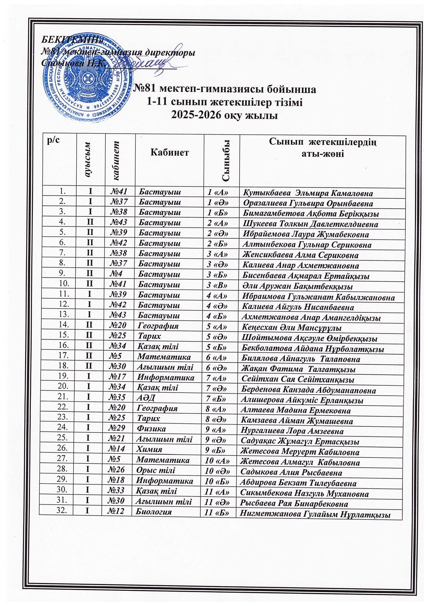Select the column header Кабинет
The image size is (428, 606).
169,152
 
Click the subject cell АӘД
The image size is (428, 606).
145,398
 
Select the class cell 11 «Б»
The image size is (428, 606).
217,513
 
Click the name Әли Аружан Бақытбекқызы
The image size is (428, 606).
297,286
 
